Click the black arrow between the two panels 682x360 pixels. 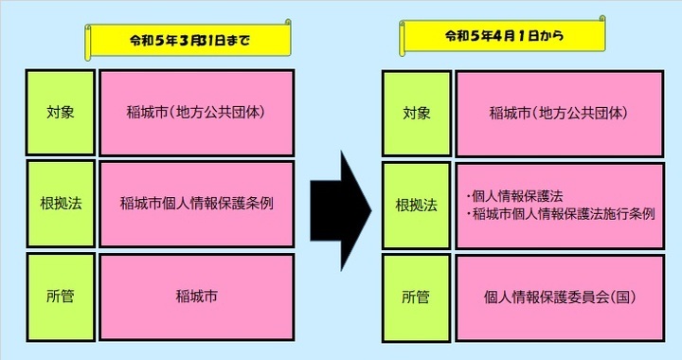coord(345,205)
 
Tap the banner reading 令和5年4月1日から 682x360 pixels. coord(502,36)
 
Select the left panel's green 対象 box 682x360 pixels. coord(61,112)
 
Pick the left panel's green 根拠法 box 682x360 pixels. coord(61,205)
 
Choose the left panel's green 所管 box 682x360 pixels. coord(61,297)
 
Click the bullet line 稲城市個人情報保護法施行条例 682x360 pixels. coord(565,214)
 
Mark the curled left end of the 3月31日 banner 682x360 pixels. coord(91,42)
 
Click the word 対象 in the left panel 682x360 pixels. coord(61,112)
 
